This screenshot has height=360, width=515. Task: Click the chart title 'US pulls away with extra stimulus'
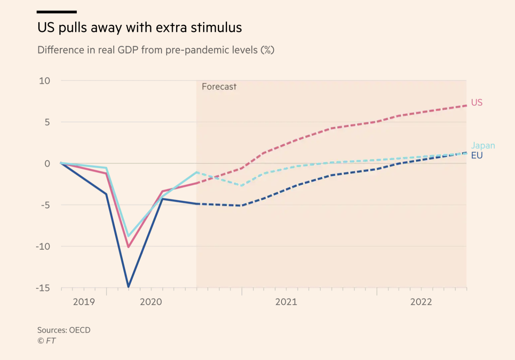click(x=140, y=28)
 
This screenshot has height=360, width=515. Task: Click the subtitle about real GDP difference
click(x=156, y=50)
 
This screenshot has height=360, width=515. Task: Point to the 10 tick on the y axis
click(x=44, y=81)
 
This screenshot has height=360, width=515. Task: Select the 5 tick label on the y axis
click(x=47, y=122)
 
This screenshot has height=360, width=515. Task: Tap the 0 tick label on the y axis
click(x=47, y=164)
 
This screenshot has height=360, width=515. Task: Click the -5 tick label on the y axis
click(x=45, y=205)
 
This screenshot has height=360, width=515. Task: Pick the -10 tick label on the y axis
click(x=43, y=246)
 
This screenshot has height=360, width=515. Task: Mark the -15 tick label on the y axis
click(x=43, y=288)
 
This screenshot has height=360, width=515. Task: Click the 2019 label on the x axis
click(x=84, y=302)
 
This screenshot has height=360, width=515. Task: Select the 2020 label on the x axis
click(x=151, y=302)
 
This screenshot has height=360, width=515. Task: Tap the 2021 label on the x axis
click(x=286, y=302)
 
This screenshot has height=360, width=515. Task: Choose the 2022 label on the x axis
click(x=421, y=302)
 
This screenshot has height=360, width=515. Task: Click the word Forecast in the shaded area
click(x=219, y=87)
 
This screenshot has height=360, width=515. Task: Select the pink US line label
click(x=477, y=103)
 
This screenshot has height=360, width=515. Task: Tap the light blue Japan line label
click(x=483, y=146)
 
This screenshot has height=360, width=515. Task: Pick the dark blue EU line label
click(x=477, y=156)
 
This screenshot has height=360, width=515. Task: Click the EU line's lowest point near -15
click(x=129, y=286)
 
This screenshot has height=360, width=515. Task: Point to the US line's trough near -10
click(x=129, y=247)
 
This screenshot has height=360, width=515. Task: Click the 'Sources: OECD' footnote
click(x=64, y=330)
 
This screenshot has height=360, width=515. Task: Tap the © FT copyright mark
click(x=47, y=341)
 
